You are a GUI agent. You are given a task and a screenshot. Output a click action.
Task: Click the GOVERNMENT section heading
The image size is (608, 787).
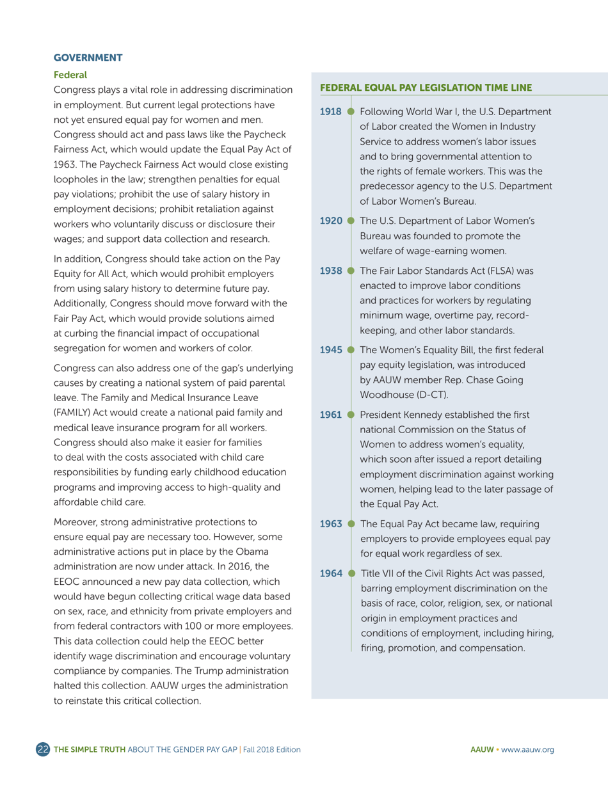88,58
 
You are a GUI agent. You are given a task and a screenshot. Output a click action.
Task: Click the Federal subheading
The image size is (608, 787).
69,74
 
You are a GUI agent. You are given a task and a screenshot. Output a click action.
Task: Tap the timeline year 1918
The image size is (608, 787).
330,112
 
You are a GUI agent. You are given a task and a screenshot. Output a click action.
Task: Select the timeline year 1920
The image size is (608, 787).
330,221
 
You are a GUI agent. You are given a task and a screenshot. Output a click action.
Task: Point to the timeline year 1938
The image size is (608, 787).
330,271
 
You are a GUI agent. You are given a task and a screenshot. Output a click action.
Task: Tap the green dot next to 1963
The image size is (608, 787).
350,523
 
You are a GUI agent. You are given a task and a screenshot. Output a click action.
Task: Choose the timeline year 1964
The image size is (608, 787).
330,573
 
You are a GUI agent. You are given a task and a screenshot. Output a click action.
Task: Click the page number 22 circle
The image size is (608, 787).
43,749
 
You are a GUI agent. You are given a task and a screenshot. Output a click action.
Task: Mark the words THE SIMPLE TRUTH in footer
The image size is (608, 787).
90,749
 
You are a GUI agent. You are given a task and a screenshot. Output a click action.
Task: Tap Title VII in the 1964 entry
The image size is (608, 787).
380,573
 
